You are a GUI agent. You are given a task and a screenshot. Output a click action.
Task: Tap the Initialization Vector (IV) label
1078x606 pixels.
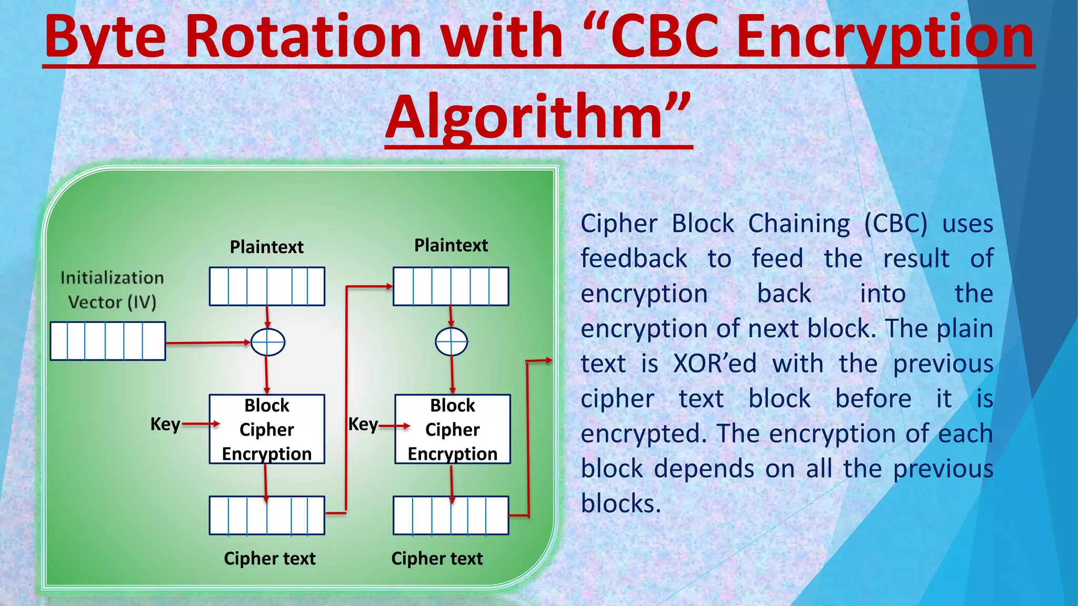[x=112, y=290]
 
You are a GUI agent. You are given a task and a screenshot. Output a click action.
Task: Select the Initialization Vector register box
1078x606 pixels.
[x=108, y=341]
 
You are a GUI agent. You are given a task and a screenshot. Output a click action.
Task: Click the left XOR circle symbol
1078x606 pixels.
[x=268, y=342]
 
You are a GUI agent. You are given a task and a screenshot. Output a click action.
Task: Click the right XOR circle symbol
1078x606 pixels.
[x=452, y=342]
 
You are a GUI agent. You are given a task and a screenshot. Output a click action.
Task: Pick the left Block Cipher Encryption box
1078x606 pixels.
[x=267, y=429]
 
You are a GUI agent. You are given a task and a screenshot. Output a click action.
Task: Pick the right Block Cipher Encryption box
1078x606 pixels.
[x=453, y=429]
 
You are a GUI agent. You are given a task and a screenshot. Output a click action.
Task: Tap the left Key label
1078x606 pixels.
[x=165, y=424]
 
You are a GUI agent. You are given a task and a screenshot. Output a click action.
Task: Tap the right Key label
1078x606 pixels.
[x=363, y=424]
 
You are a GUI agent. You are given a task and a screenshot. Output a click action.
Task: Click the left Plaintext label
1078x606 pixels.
[x=267, y=247]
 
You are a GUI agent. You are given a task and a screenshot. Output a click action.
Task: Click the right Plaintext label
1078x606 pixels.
[x=451, y=246]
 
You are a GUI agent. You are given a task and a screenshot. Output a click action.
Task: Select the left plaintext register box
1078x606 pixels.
[x=267, y=287]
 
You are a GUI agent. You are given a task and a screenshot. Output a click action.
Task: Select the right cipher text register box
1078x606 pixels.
[x=451, y=516]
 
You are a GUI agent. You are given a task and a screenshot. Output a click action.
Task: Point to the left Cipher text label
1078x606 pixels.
[x=269, y=559]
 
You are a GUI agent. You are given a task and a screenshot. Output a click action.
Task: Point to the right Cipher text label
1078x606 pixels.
[x=437, y=559]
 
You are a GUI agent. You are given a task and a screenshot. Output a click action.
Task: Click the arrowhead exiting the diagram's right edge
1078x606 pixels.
[x=548, y=360]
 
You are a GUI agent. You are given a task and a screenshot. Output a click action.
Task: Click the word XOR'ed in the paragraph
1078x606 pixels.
[x=715, y=363]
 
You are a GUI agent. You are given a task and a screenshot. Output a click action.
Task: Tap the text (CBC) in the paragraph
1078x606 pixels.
[x=895, y=224]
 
